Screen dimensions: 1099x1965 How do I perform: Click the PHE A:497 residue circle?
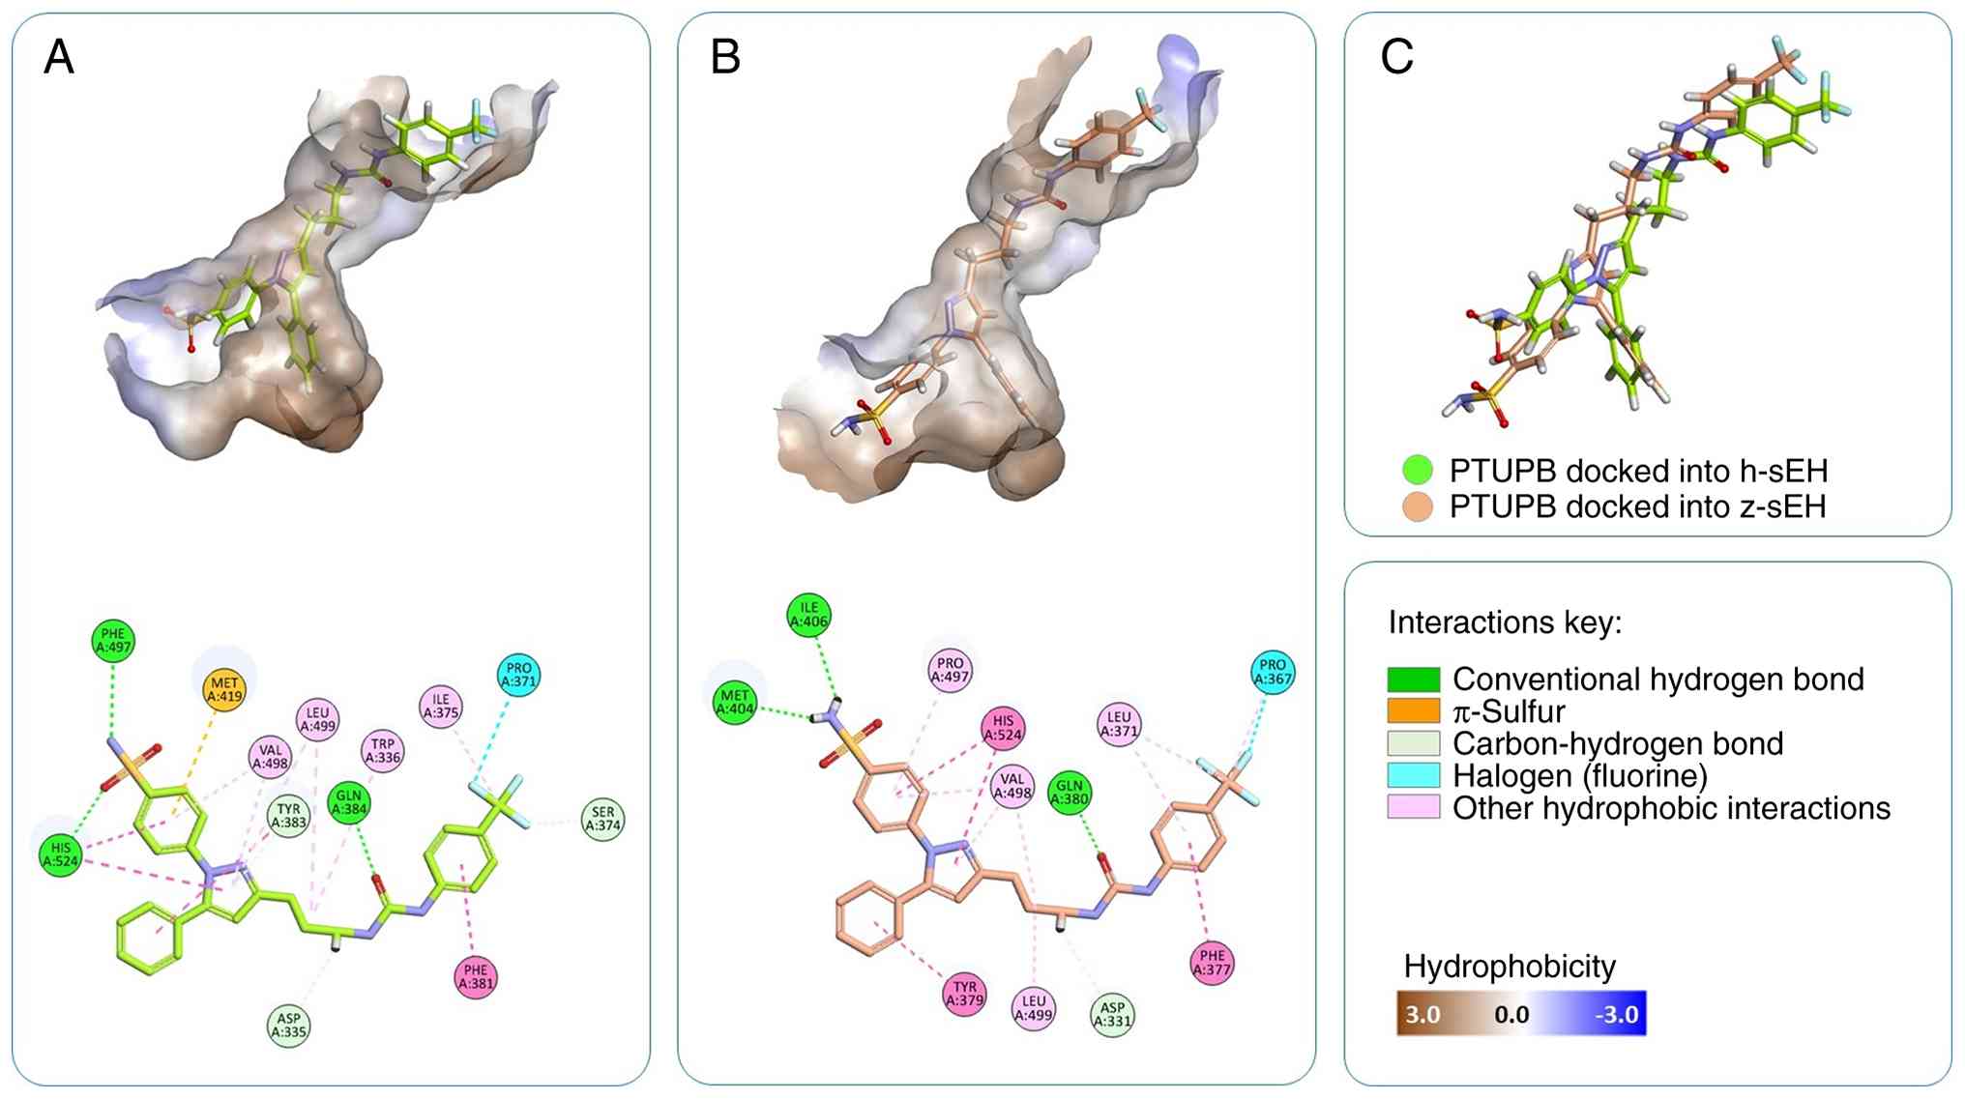tap(113, 641)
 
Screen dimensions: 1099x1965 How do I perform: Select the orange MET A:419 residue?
tap(224, 689)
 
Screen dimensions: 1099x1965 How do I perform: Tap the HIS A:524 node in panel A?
tap(60, 854)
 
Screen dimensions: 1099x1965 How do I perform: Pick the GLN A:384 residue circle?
tap(349, 802)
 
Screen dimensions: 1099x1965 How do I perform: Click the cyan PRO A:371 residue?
tap(518, 675)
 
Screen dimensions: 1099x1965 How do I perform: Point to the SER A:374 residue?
tap(602, 819)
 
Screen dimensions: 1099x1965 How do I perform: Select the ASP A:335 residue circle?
tap(289, 1025)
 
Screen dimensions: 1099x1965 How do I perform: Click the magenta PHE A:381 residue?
tap(476, 977)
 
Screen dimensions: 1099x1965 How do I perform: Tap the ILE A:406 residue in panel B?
tap(808, 615)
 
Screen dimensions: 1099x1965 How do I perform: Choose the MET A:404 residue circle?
tap(735, 702)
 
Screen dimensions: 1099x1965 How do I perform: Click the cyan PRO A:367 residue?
tap(1273, 672)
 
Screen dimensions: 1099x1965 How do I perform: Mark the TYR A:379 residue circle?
tap(964, 994)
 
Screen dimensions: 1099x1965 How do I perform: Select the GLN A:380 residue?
tap(1070, 793)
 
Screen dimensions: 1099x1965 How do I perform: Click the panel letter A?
tap(59, 58)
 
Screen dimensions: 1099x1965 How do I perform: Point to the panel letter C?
tap(1396, 57)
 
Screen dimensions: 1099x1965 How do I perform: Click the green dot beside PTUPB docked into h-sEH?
tap(1417, 471)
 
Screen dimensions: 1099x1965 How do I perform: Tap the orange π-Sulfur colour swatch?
tap(1413, 711)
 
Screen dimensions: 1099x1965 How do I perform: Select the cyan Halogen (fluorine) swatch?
tap(1413, 775)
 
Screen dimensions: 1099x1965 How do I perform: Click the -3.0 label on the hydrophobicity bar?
tap(1616, 1014)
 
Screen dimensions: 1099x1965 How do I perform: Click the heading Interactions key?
tap(1505, 622)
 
